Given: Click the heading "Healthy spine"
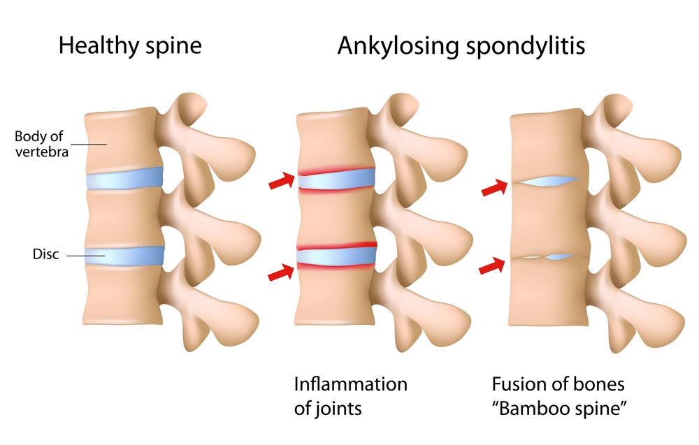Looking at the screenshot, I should (130, 46).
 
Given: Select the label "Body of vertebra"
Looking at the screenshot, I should (41, 143).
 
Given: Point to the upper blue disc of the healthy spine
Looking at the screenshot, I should (124, 177).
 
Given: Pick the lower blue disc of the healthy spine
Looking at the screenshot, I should (124, 256).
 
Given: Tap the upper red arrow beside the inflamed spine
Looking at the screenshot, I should (282, 183).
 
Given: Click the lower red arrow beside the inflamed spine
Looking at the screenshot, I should (282, 272).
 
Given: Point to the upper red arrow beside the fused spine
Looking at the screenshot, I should (495, 187).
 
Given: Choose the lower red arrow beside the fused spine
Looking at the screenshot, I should (495, 266).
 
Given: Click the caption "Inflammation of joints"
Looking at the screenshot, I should (349, 396).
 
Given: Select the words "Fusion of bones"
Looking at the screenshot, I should (548, 384).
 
